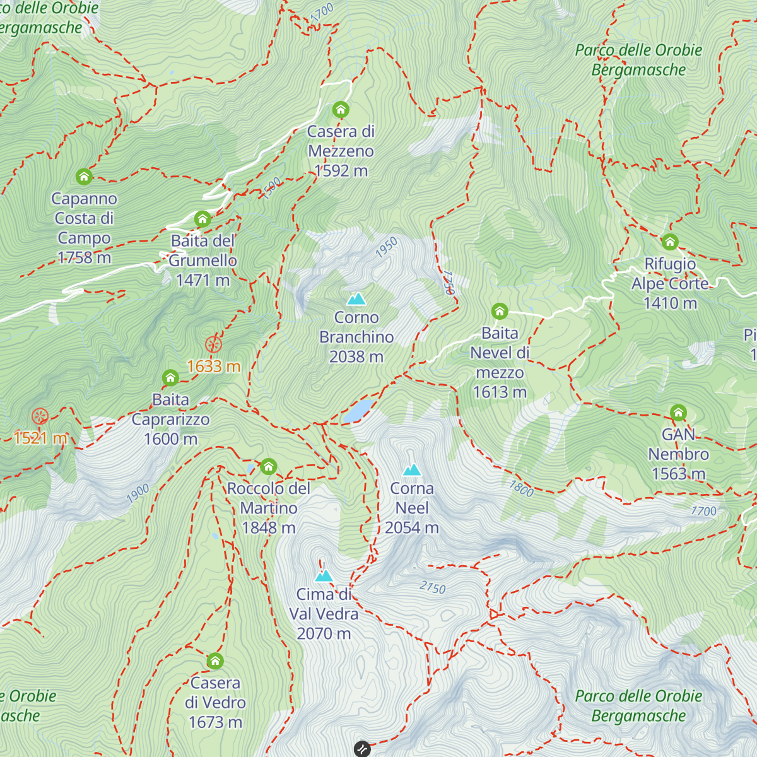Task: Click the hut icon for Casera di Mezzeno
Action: [341, 110]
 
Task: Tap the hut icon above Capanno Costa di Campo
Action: [84, 177]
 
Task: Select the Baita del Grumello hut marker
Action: [202, 219]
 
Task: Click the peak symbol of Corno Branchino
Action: [356, 298]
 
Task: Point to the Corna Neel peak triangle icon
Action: [412, 469]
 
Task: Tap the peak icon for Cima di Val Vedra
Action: [324, 575]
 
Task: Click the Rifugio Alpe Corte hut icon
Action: [670, 242]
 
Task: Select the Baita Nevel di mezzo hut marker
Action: [500, 311]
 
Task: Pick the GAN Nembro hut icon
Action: [678, 413]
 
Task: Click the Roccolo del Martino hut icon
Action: [269, 467]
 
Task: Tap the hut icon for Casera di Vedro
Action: [215, 661]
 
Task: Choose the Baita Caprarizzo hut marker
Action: [170, 378]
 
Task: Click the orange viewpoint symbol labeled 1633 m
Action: [214, 344]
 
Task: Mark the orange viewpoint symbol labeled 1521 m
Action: [40, 416]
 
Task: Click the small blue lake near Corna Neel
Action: [358, 410]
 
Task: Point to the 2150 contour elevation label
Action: [433, 588]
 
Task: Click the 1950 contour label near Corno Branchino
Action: [386, 247]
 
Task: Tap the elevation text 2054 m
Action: [411, 528]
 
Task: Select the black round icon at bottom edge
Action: [362, 749]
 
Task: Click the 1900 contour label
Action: [138, 493]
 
